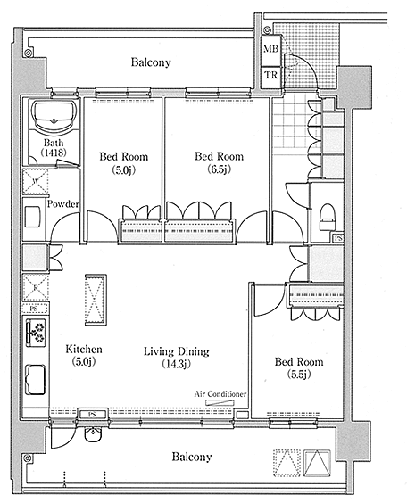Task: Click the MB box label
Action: pyautogui.click(x=271, y=49)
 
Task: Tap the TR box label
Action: pyautogui.click(x=271, y=76)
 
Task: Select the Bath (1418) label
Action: pyautogui.click(x=54, y=147)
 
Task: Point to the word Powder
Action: pyautogui.click(x=62, y=204)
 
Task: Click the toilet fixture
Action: pyautogui.click(x=328, y=217)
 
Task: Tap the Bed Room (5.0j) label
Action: pyautogui.click(x=123, y=162)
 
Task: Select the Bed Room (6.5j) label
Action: pyautogui.click(x=219, y=162)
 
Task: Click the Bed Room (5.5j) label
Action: pyautogui.click(x=299, y=367)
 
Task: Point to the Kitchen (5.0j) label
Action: pyautogui.click(x=84, y=355)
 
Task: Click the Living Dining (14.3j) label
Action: pyautogui.click(x=177, y=357)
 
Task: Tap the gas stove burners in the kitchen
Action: pyautogui.click(x=37, y=332)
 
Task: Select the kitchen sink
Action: pyautogui.click(x=36, y=380)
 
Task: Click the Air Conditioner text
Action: pyautogui.click(x=220, y=393)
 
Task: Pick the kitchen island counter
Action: pyautogui.click(x=96, y=300)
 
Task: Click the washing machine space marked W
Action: pyautogui.click(x=36, y=182)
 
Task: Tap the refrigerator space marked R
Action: pyautogui.click(x=36, y=287)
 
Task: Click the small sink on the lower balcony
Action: pyautogui.click(x=94, y=433)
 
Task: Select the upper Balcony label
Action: pyautogui.click(x=151, y=62)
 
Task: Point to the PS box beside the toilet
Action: pyautogui.click(x=338, y=238)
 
